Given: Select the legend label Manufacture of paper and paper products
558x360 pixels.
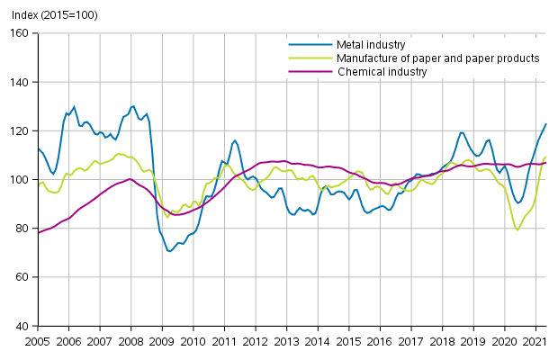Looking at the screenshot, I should coord(436,58).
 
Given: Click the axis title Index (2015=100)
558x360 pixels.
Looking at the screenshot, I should coord(49,13).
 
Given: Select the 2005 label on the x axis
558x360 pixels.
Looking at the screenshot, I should coord(37,341).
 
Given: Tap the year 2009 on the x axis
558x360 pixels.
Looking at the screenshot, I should coord(162,341).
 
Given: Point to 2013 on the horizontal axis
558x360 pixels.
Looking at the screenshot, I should coord(286,341).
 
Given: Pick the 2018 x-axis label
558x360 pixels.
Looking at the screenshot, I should coord(442,341).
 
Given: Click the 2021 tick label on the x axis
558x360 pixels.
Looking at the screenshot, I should coord(535,341).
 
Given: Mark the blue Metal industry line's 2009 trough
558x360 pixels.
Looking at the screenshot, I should coord(169,251).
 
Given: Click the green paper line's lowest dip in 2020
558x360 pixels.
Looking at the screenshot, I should coord(517,229).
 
